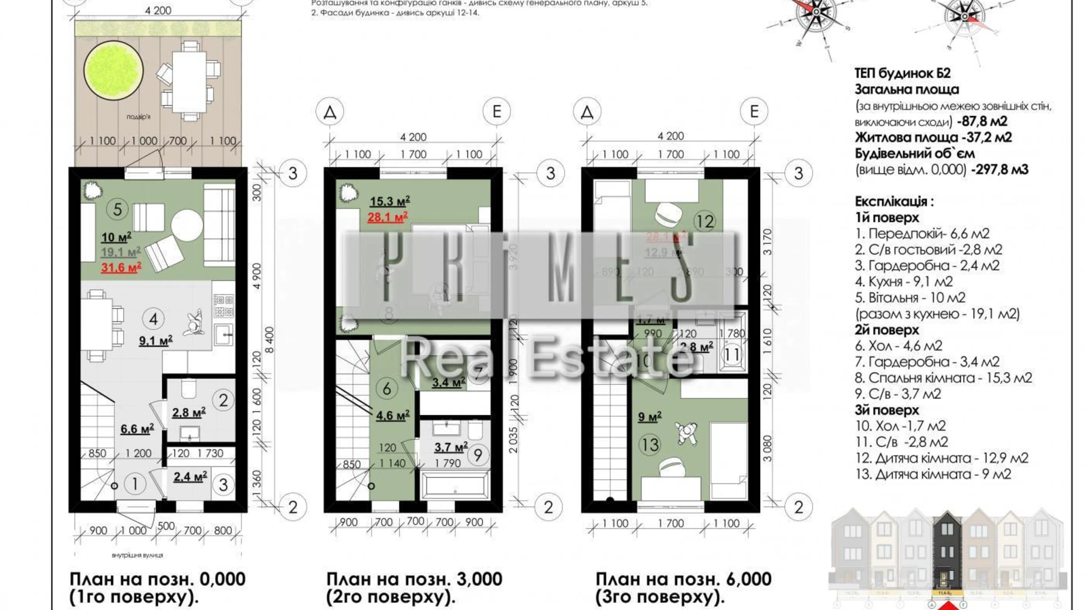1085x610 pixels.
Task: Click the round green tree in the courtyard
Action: point(113,70)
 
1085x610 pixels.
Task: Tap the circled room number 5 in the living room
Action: point(117,209)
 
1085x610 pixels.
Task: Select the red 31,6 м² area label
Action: point(121,268)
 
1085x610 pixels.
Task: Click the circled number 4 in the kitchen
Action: point(153,319)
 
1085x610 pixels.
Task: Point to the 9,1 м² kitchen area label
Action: point(155,340)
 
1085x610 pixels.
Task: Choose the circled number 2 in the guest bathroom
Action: point(223,400)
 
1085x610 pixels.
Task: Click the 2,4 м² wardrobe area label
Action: point(190,477)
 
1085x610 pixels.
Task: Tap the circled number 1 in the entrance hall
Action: point(135,484)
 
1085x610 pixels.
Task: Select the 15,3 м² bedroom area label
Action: point(389,201)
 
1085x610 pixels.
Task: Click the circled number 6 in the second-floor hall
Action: point(386,388)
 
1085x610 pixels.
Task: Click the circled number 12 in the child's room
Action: point(704,221)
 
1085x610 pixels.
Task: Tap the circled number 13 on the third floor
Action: point(649,445)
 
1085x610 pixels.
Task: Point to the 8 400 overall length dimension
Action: point(269,340)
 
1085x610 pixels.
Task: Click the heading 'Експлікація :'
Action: point(894,201)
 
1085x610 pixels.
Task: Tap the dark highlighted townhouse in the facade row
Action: point(947,551)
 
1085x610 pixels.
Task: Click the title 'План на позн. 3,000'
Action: point(414,579)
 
